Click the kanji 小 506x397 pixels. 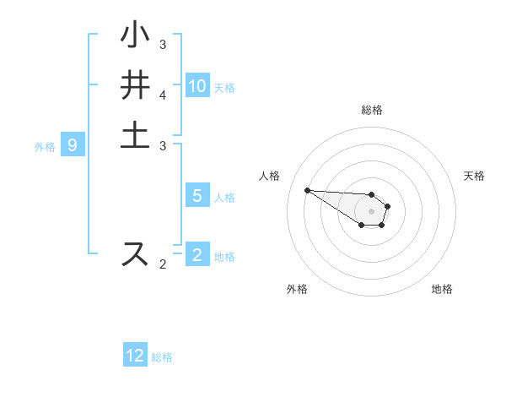(135, 36)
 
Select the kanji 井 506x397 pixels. (135, 85)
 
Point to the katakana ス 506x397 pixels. (135, 253)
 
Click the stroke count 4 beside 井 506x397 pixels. (163, 95)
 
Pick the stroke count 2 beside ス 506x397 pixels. (163, 264)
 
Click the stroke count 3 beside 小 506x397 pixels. (163, 44)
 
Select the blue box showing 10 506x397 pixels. (197, 86)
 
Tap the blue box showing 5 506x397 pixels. (197, 196)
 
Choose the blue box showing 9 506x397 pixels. (73, 146)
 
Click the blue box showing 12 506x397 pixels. (135, 356)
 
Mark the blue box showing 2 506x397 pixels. (197, 255)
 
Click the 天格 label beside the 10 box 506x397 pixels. (224, 87)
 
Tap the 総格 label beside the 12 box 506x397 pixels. (162, 357)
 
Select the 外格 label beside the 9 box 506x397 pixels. (45, 147)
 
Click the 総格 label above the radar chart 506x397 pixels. (371, 110)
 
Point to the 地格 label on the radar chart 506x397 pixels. (442, 289)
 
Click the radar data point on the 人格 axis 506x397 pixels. (307, 190)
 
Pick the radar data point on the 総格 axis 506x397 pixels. (371, 194)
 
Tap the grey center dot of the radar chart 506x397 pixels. (371, 210)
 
